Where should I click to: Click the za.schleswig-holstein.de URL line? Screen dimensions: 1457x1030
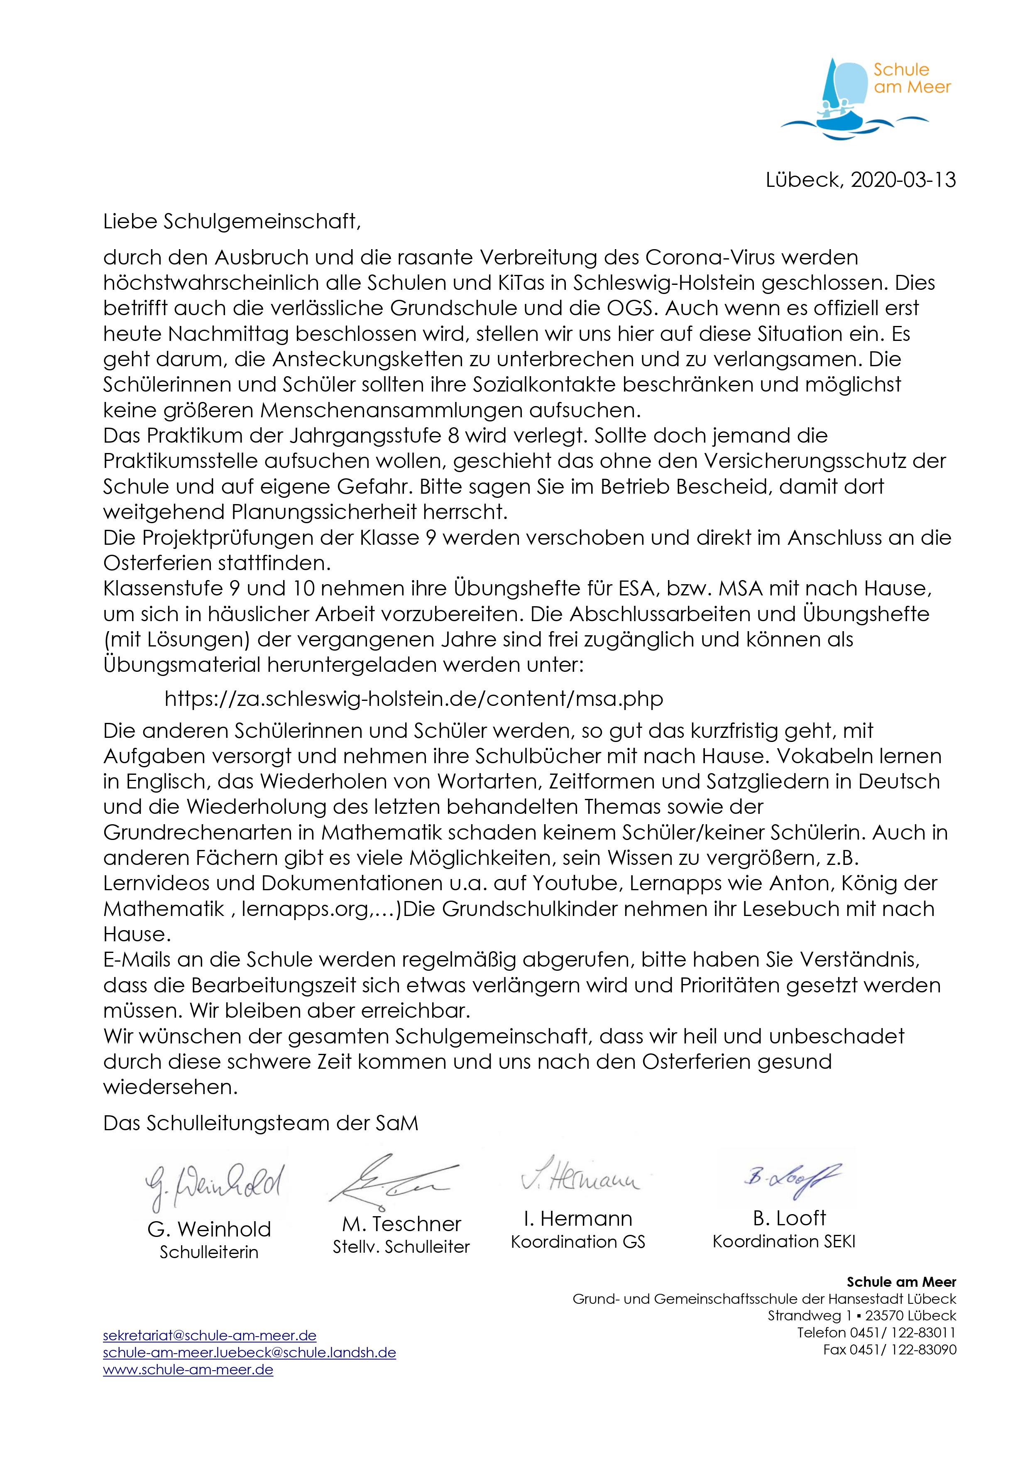click(x=414, y=699)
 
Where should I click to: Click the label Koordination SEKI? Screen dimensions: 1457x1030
click(x=784, y=1241)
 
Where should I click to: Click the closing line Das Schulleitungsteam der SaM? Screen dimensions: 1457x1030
click(x=261, y=1123)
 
